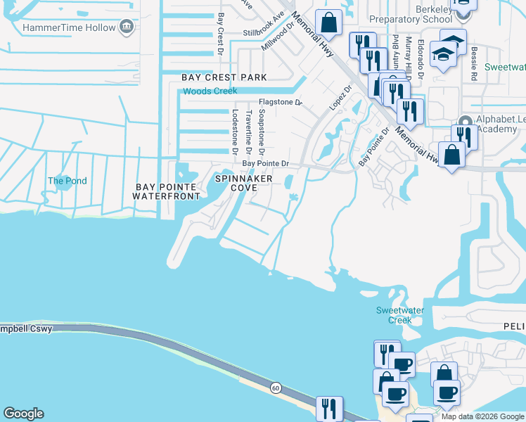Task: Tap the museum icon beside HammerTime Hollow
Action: pyautogui.click(x=127, y=27)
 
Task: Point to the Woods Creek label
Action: pyautogui.click(x=210, y=91)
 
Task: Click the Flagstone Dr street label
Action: pyautogui.click(x=278, y=102)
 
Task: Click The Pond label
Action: pyautogui.click(x=68, y=181)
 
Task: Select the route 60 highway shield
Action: pyautogui.click(x=276, y=388)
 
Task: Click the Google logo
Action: pyautogui.click(x=23, y=414)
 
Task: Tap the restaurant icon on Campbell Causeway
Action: pyautogui.click(x=329, y=408)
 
